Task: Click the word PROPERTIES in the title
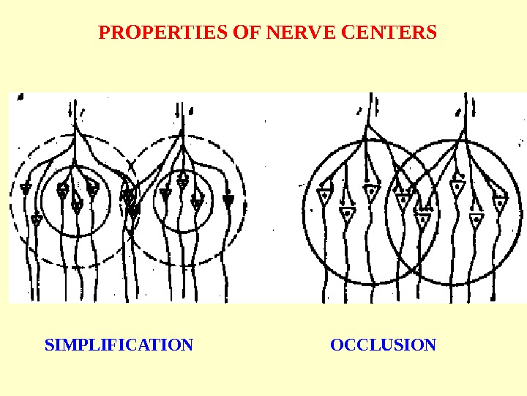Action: (x=162, y=33)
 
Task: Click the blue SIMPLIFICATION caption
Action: (x=119, y=345)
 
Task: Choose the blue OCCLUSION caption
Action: (x=383, y=345)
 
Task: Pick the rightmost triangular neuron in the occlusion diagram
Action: (x=500, y=201)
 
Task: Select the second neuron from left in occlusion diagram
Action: (x=348, y=213)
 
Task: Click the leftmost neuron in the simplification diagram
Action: (x=26, y=189)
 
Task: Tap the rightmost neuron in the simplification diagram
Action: (x=228, y=199)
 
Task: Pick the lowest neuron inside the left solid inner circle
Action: (x=77, y=206)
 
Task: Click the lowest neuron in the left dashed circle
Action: (x=37, y=219)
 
